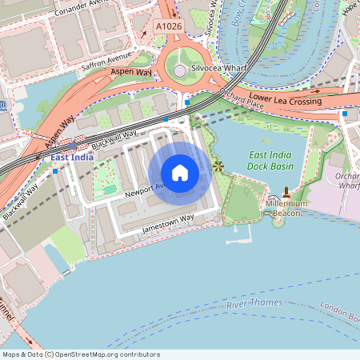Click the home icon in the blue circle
click(180, 173)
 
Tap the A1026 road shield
click(168, 26)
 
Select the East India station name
click(72, 158)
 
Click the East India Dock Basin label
click(270, 160)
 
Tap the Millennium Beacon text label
click(286, 208)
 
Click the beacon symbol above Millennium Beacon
click(286, 194)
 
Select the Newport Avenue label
click(142, 190)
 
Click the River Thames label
click(255, 305)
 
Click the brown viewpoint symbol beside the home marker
click(218, 166)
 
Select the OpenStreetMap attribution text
click(81, 354)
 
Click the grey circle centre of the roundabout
click(180, 70)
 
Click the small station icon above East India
click(73, 146)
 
